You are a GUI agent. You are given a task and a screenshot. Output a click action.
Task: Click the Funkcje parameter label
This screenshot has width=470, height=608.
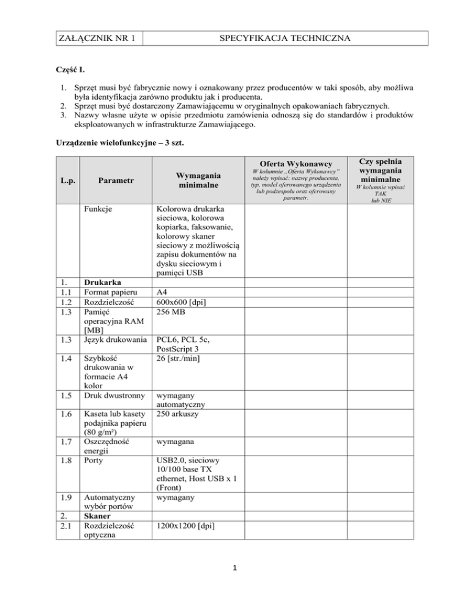pos(100,210)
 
